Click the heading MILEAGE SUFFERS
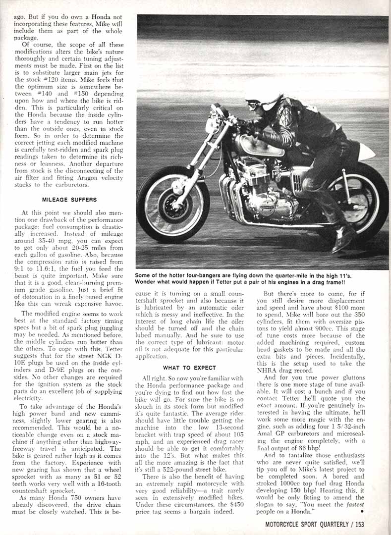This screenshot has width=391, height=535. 68,200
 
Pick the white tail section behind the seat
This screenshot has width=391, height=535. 365,152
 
